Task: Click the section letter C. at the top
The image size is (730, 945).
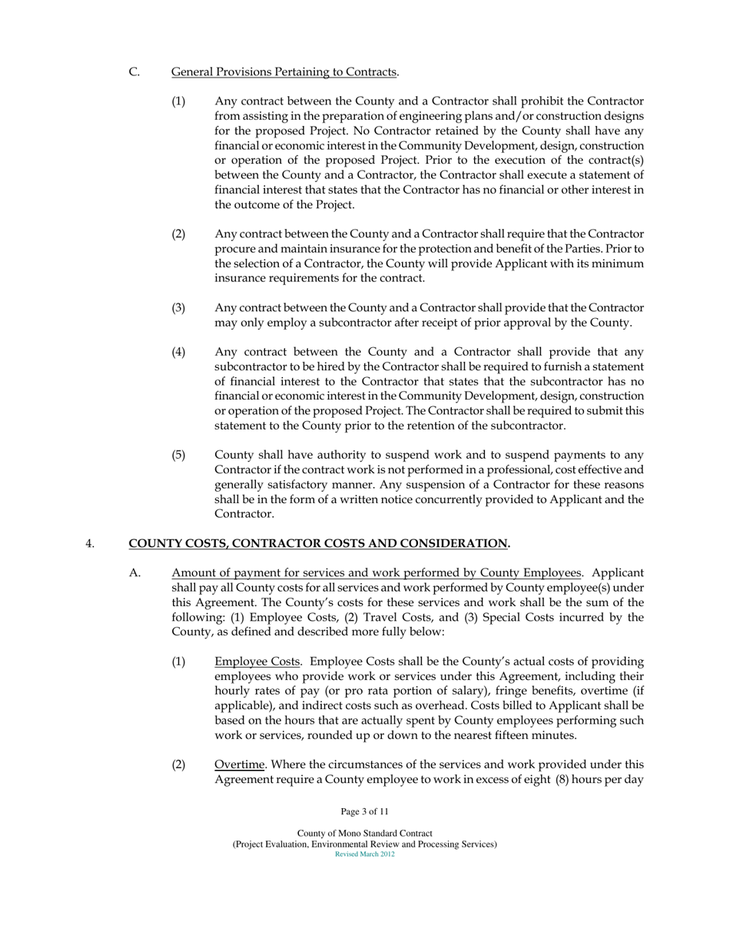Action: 134,72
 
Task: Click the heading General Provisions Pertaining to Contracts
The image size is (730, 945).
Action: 284,72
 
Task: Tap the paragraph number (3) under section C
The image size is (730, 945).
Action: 178,308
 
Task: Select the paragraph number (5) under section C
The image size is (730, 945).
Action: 178,456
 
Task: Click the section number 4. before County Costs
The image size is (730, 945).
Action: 90,544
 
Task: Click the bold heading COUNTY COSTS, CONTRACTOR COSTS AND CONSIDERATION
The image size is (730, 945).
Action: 319,544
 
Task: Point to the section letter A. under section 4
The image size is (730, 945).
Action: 135,573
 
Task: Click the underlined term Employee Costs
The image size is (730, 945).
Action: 257,662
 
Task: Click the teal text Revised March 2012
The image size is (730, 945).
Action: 364,854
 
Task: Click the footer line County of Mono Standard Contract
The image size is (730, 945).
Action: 364,834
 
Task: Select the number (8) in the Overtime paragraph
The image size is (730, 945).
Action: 563,780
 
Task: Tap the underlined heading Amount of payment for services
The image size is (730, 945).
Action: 376,573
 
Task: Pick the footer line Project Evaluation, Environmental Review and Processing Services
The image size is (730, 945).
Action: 364,844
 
